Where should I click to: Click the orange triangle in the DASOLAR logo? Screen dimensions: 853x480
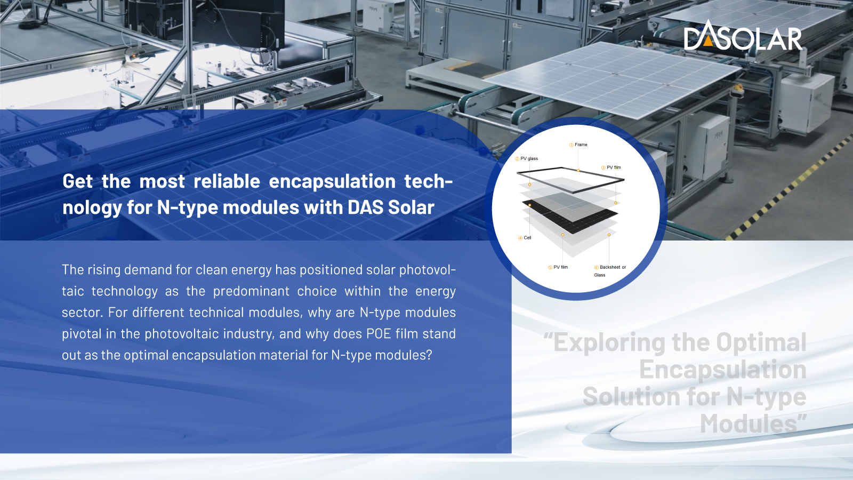[x=708, y=41]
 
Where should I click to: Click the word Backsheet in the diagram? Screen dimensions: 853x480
[x=610, y=267]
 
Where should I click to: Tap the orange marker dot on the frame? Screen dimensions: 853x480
[x=578, y=170]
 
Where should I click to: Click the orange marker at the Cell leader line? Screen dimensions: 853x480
[x=530, y=205]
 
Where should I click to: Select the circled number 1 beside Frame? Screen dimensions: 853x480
[x=571, y=145]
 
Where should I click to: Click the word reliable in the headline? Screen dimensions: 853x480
[x=227, y=181]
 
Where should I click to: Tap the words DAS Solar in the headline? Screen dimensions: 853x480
[x=391, y=207]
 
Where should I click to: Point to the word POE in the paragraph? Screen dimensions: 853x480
[x=379, y=334]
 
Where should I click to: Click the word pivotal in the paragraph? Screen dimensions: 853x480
[x=82, y=334]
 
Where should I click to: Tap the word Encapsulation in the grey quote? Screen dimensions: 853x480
[x=723, y=370]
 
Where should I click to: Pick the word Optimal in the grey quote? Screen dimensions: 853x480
[x=761, y=342]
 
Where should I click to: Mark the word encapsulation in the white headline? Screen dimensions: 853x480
[x=332, y=182]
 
